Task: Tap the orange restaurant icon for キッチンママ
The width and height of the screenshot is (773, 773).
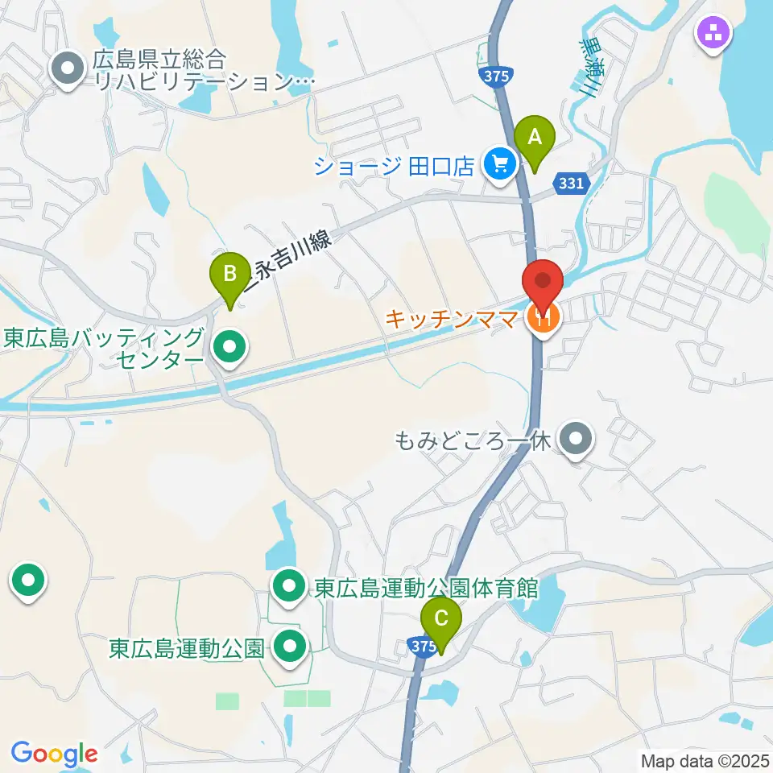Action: [x=543, y=319]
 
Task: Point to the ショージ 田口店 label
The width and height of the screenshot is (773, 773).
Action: [x=395, y=166]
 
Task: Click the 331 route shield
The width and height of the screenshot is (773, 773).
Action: [x=572, y=184]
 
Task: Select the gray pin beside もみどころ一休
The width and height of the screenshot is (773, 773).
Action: [x=575, y=440]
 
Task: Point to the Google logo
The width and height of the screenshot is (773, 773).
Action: [x=54, y=754]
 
